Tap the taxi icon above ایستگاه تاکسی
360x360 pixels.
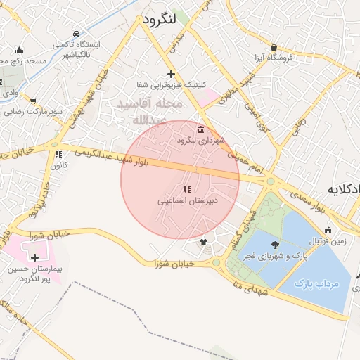coord(75,34)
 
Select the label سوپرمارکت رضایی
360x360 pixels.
coord(35,111)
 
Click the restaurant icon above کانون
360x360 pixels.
coord(58,154)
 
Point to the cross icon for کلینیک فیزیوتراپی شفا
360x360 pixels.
coord(171,74)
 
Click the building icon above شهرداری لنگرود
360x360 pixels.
coord(201,130)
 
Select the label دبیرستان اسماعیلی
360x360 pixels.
coord(187,200)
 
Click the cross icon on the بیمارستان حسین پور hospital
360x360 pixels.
coord(34,258)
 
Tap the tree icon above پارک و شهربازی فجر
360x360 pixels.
coord(274,245)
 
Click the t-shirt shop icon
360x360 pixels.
coord(204,242)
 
